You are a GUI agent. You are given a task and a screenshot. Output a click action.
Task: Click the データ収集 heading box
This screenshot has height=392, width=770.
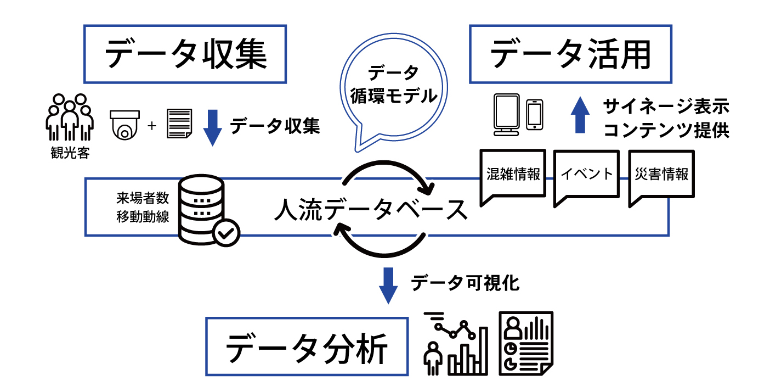185,54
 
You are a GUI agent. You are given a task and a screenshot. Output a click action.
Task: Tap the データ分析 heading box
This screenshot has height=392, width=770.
307,346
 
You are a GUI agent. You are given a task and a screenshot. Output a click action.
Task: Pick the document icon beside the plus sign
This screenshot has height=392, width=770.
179,124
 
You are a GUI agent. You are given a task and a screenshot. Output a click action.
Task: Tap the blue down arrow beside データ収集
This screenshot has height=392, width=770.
212,127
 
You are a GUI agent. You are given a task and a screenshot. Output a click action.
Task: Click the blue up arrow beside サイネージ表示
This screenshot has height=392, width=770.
580,114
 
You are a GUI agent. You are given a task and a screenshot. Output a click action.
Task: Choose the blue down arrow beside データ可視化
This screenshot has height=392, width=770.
388,285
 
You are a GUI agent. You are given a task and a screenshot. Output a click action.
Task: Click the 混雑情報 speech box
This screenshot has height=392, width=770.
513,175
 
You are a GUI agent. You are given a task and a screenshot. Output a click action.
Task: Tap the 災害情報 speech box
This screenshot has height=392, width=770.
661,176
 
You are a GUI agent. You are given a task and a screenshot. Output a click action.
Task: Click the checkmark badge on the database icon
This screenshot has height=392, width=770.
225,233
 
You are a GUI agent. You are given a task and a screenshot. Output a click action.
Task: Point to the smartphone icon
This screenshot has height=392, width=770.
534,114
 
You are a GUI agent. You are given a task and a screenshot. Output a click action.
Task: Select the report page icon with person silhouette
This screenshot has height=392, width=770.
525,343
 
